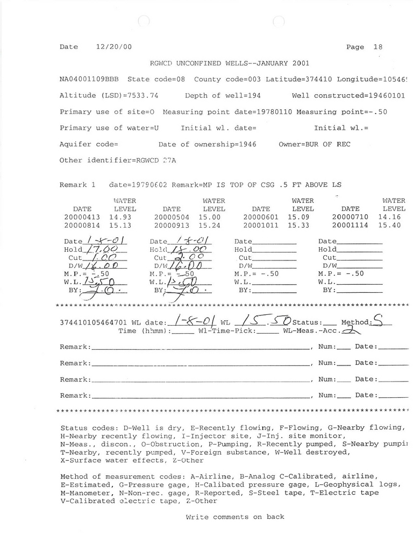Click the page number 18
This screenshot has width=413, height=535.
point(378,47)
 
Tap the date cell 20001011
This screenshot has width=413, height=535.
point(260,226)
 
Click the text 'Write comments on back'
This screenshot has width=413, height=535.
point(234,517)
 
